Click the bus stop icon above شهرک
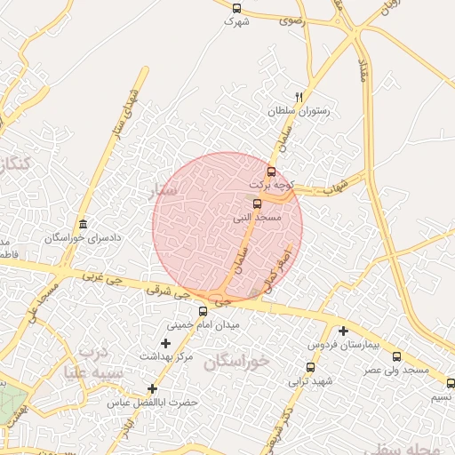click(x=235, y=8)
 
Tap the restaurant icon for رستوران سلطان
click(x=298, y=98)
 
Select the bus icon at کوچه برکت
click(x=271, y=172)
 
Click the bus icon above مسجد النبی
click(x=258, y=204)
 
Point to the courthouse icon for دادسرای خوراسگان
click(x=83, y=224)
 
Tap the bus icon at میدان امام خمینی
click(x=204, y=311)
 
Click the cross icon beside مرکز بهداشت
click(x=164, y=343)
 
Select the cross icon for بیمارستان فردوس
click(x=343, y=331)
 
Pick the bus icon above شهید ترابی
click(x=310, y=367)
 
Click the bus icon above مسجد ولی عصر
click(x=396, y=355)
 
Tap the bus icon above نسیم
click(x=451, y=384)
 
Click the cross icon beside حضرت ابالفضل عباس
click(x=152, y=388)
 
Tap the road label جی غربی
click(x=100, y=277)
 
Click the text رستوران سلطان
click(x=299, y=111)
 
